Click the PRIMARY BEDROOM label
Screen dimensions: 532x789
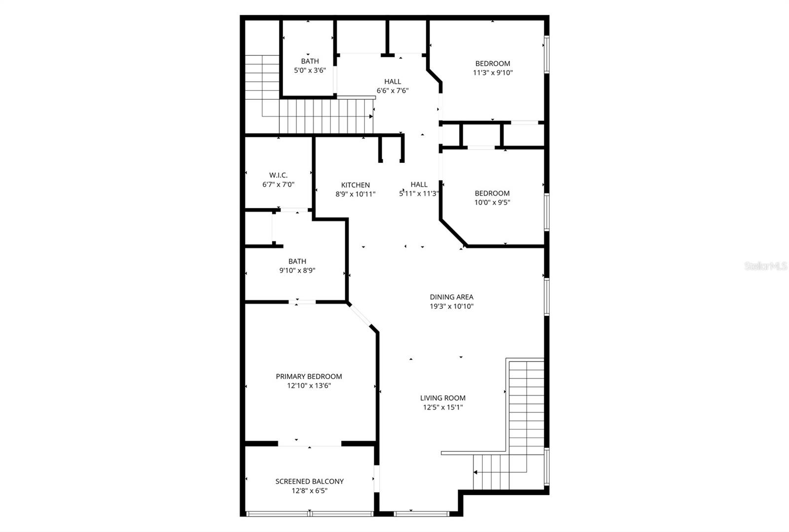[x=309, y=376]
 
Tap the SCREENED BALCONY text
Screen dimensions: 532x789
[x=309, y=481]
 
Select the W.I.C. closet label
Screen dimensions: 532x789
[x=278, y=175]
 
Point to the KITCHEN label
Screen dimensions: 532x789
[x=355, y=185]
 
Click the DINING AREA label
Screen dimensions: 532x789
[x=451, y=297]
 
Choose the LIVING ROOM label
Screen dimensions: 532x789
[x=442, y=398]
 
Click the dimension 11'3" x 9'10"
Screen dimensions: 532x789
[x=492, y=73]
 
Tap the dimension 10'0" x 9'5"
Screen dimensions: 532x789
[x=492, y=202]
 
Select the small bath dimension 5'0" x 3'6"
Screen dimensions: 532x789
[x=310, y=71]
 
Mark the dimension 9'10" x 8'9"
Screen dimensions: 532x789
[x=297, y=270]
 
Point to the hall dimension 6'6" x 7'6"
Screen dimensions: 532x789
[x=393, y=91]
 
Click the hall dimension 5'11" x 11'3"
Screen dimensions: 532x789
[x=419, y=194]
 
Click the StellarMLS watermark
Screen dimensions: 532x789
[x=765, y=266]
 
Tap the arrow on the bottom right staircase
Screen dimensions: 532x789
[x=476, y=472]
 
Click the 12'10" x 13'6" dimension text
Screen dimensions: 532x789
[x=309, y=385]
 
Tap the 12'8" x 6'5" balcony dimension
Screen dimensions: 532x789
[x=309, y=491]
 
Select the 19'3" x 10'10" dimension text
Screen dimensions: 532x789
[x=451, y=306]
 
